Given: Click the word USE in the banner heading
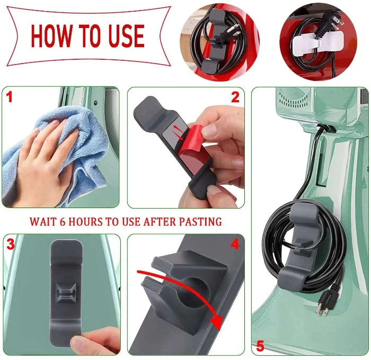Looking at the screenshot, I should tap(123, 36).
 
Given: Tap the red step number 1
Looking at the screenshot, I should tap(9, 97).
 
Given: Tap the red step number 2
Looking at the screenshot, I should tap(235, 97).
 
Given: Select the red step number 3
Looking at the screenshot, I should tap(10, 244).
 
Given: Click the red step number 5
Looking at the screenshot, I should tap(260, 346).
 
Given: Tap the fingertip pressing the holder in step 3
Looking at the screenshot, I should tap(87, 341).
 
